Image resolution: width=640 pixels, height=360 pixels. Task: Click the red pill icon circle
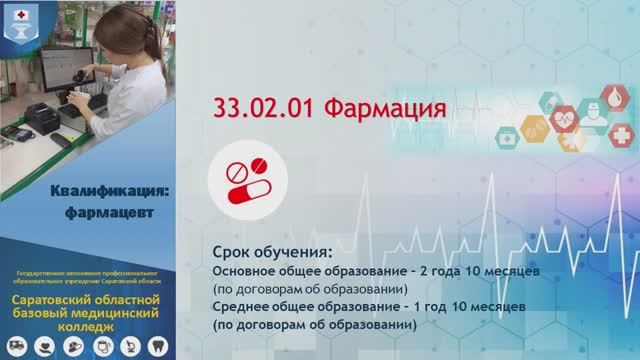coord(245,180)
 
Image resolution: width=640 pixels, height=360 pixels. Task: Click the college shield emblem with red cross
coord(20,23)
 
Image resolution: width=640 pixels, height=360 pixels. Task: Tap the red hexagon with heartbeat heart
coord(565,118)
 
